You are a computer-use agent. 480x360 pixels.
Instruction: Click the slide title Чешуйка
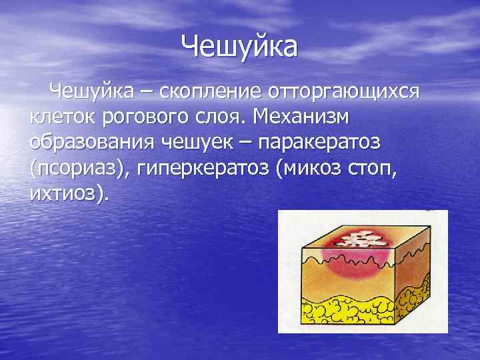coord(240,46)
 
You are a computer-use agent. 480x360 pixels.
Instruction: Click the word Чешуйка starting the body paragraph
coord(93,90)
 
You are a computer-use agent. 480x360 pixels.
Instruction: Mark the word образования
coord(93,143)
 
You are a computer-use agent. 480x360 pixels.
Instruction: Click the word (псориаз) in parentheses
coord(79,169)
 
